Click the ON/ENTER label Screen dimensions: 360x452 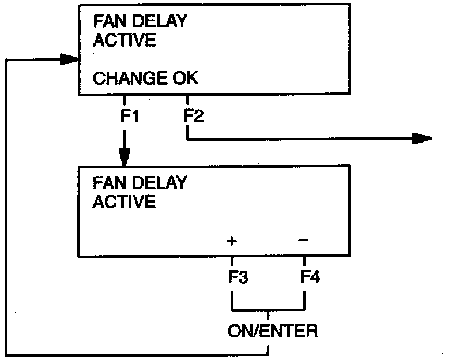[272, 331]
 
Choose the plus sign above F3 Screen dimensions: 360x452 [231, 241]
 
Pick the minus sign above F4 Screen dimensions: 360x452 [304, 239]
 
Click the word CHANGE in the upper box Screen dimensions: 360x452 [126, 78]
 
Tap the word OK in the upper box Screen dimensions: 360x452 [182, 78]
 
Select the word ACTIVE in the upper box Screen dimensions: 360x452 [124, 40]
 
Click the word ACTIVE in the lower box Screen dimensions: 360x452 [124, 202]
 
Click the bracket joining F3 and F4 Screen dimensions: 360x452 [268, 309]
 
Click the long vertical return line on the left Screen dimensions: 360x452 [5, 208]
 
